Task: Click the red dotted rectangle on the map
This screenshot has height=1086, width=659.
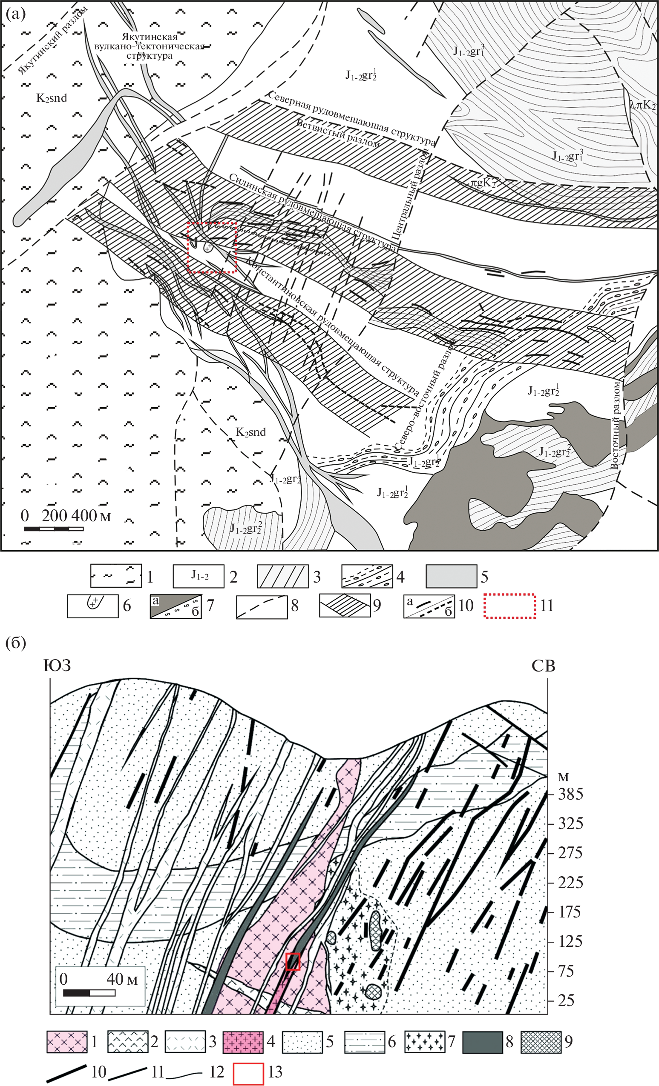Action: (x=188, y=247)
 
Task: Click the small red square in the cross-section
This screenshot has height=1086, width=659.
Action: (x=293, y=961)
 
